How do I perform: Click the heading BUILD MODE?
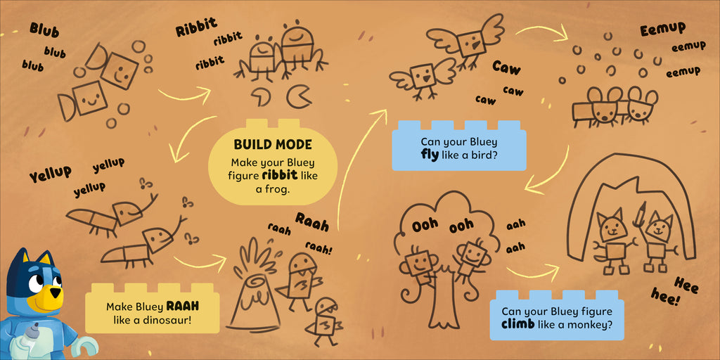click(273, 145)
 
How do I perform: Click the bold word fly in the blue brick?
click(430, 154)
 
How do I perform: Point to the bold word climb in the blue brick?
click(517, 325)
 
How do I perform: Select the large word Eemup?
click(662, 30)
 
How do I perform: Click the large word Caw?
click(506, 68)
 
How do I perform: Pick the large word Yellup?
click(51, 174)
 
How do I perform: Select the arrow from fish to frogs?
click(184, 96)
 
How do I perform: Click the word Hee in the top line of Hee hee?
click(686, 285)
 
